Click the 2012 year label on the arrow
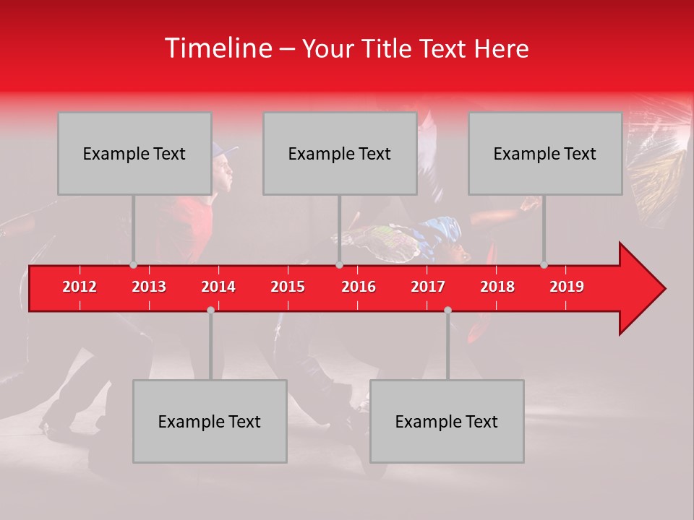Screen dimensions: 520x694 [80, 287]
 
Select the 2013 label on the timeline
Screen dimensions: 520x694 [149, 287]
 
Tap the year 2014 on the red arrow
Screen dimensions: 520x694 [218, 287]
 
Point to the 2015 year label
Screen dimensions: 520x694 [288, 287]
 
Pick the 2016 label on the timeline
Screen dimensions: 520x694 [359, 287]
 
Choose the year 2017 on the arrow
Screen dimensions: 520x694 [428, 287]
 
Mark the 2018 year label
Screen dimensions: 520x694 [497, 287]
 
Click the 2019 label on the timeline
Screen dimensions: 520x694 [567, 287]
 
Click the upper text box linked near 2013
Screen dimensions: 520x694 [134, 154]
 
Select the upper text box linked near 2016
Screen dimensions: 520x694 [340, 154]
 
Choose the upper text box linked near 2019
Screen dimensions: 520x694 [545, 154]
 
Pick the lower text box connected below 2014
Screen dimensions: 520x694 [210, 422]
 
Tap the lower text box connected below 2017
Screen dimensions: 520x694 [447, 422]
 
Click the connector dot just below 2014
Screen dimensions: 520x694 [210, 310]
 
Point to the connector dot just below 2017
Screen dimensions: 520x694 [447, 310]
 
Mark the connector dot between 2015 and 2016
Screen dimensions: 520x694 [339, 265]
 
